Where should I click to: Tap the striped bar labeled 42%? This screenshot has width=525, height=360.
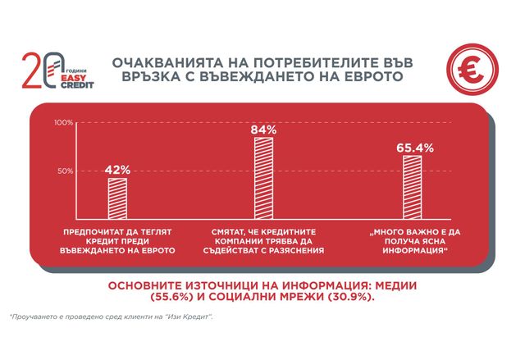(x=118, y=194)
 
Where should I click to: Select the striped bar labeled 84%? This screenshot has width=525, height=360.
(x=264, y=175)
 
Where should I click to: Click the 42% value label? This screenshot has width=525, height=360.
(x=118, y=170)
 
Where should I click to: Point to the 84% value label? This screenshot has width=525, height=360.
(x=264, y=130)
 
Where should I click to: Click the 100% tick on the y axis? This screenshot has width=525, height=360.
(x=65, y=122)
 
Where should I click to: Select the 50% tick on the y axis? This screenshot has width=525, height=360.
(x=66, y=171)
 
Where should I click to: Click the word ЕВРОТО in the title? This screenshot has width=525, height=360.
(x=363, y=77)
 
